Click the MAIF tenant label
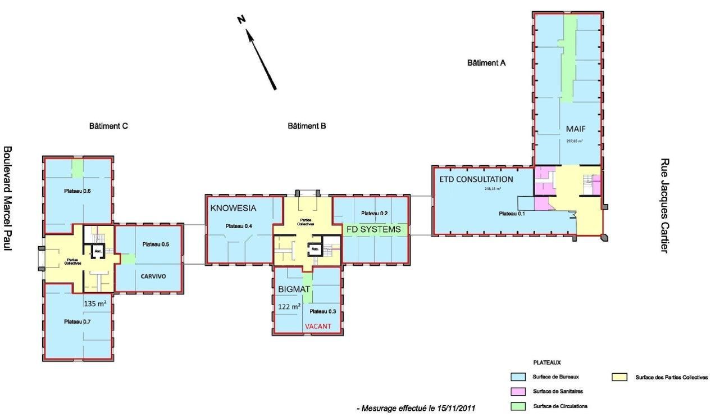pos(575,129)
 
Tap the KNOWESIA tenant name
pos(233,208)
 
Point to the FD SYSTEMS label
pos(373,229)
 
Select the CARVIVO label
pos(149,276)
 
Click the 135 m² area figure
pos(95,303)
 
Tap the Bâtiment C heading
pos(109,126)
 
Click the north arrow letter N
pos(241,20)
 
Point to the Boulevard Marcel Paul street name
pos(8,206)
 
